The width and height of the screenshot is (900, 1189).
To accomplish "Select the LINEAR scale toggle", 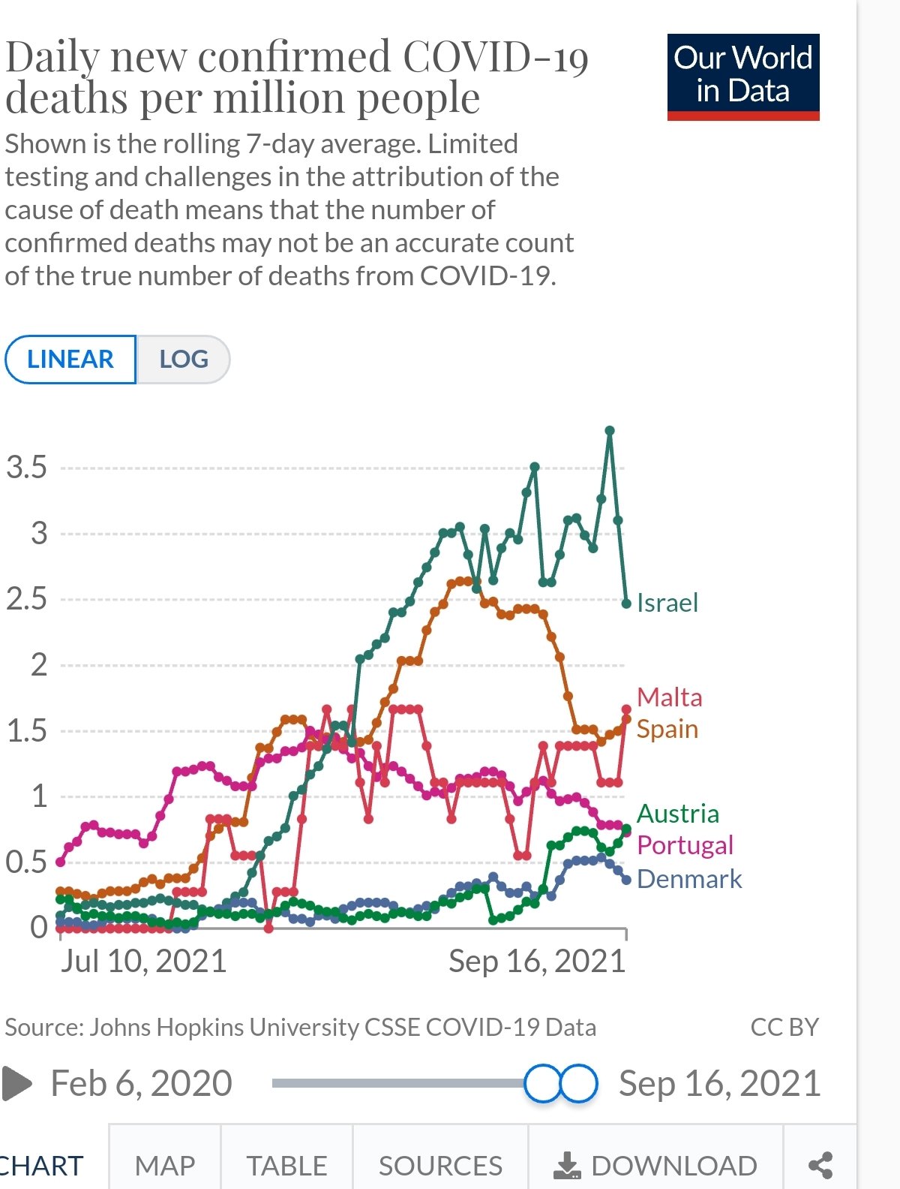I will pos(70,360).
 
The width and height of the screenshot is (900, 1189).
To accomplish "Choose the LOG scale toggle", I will pos(184,360).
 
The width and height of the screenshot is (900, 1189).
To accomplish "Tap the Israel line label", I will pos(667,603).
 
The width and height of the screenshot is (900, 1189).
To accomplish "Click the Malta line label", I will pos(669,697).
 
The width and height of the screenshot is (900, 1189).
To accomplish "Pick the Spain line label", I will pos(667,729).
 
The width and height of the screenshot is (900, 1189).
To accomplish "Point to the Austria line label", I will pos(677,814).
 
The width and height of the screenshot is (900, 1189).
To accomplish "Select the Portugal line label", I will pos(685,845).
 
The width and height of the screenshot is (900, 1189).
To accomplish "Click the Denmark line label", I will pos(688,879).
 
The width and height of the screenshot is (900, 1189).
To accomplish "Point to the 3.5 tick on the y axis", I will pos(26,468).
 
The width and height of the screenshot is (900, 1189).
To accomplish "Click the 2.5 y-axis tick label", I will pos(26,599).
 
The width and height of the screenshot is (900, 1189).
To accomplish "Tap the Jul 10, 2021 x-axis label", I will pos(143,962).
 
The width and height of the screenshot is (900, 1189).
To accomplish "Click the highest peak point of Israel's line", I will pos(610,431).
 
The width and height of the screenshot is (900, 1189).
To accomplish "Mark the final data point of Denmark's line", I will pos(626,880).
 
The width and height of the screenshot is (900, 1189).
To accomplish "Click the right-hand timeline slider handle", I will pos(578,1083).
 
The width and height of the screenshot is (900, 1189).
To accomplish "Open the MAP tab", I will pos(165,1166).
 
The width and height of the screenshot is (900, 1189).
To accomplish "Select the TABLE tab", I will pos(286,1166).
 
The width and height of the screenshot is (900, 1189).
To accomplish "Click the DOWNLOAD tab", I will pos(655,1166).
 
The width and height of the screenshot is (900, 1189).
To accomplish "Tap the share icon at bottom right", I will pos(820,1166).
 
